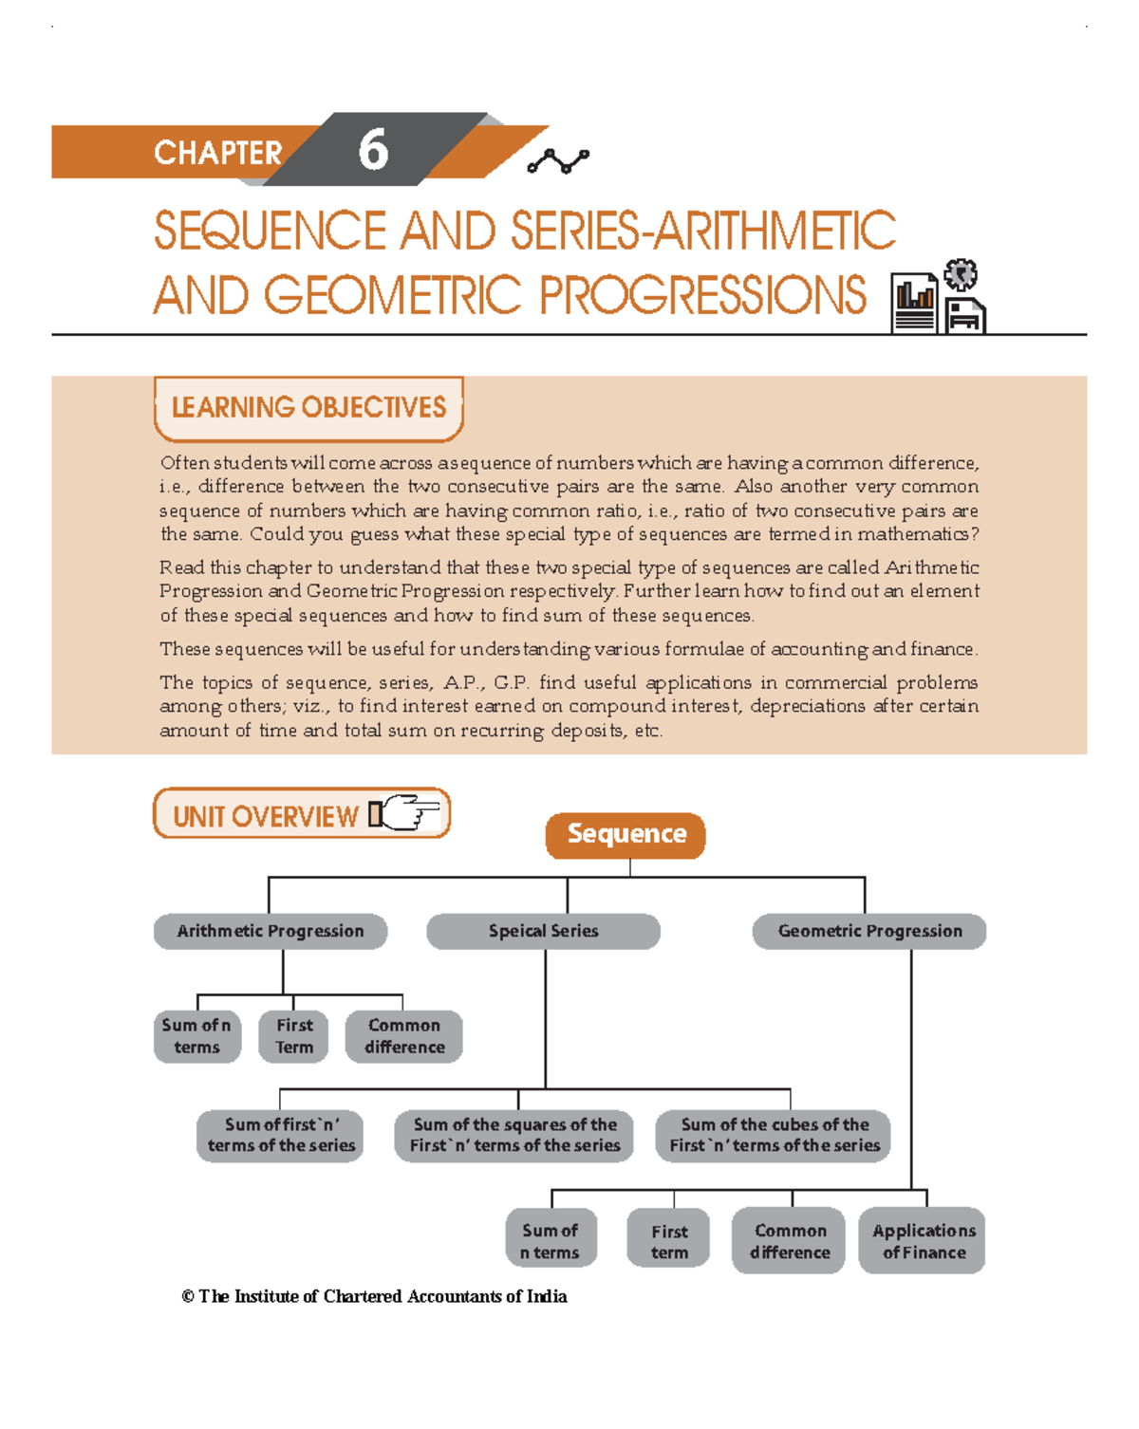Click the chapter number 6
[x=373, y=151]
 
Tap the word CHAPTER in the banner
[x=217, y=153]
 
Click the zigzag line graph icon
[x=558, y=161]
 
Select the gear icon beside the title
[x=961, y=275]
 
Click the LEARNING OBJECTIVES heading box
[x=308, y=408]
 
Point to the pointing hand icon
[x=406, y=813]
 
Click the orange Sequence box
[x=626, y=835]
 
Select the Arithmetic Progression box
[x=271, y=931]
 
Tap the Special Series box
[x=543, y=931]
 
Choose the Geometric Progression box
[x=869, y=931]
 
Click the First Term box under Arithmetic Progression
[x=293, y=1036]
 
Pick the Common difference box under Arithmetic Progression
[x=403, y=1036]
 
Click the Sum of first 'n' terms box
[x=280, y=1135]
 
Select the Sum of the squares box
[x=514, y=1135]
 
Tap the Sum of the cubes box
[x=774, y=1135]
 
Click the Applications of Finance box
[x=923, y=1241]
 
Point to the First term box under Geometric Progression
[x=669, y=1241]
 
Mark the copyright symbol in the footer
[x=188, y=1296]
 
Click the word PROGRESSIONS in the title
[x=702, y=296]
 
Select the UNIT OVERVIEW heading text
[x=265, y=817]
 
